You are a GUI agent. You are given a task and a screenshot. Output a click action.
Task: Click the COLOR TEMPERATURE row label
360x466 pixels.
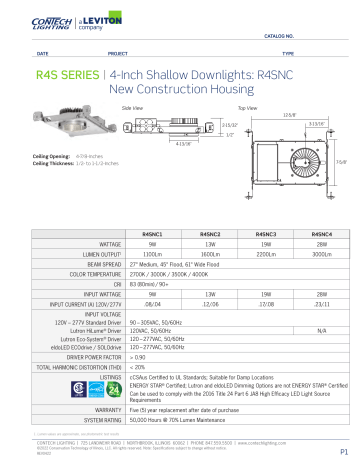97,273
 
